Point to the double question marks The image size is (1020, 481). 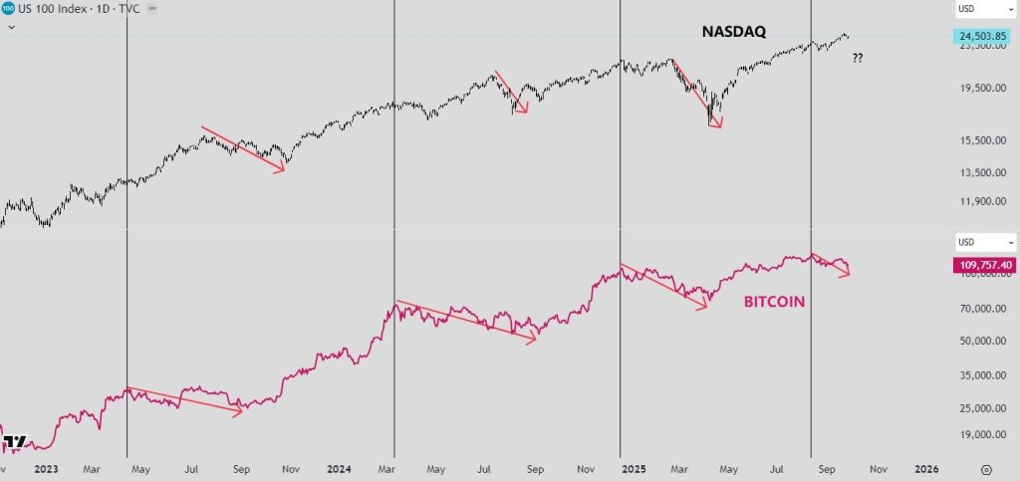[x=858, y=59]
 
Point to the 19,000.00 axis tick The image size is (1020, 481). [x=978, y=435]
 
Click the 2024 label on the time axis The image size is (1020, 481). [x=339, y=468]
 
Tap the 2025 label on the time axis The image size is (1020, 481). [x=623, y=468]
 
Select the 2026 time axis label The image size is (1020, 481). [x=926, y=468]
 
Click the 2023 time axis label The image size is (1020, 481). [x=46, y=468]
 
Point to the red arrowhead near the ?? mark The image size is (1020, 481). [x=847, y=274]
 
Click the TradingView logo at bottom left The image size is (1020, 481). [x=14, y=442]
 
